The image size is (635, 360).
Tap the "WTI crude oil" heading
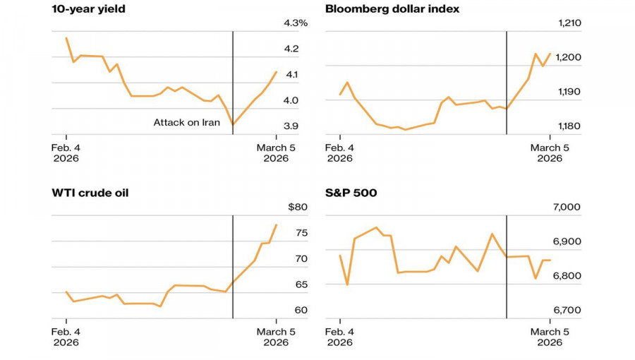pos(90,193)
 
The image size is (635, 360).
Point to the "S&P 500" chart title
pos(351,193)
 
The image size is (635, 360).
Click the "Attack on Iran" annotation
pos(187,123)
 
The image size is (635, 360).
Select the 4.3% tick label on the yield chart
pos(296,23)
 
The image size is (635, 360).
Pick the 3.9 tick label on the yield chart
pos(291,126)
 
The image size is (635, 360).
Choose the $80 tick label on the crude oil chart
pos(298,207)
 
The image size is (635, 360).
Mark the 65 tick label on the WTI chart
pos(301,284)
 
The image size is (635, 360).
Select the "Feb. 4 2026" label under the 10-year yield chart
pos(66,153)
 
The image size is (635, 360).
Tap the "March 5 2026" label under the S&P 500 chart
pos(550,337)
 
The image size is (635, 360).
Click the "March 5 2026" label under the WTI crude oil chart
pos(276,337)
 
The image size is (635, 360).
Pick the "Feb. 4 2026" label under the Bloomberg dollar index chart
pos(339,153)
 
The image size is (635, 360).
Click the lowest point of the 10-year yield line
pos(233,125)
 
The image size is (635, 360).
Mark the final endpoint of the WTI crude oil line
pos(277,224)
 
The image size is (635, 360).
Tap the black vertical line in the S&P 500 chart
pos(507,282)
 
